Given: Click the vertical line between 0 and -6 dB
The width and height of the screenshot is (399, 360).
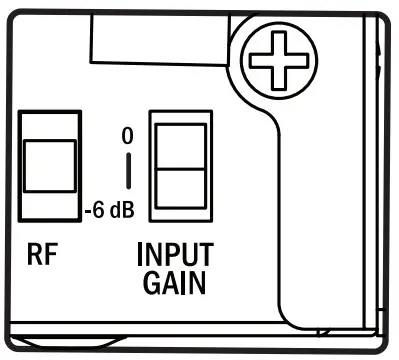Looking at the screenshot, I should (x=128, y=171).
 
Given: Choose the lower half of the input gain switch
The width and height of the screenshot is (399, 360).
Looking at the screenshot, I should (x=180, y=192).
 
